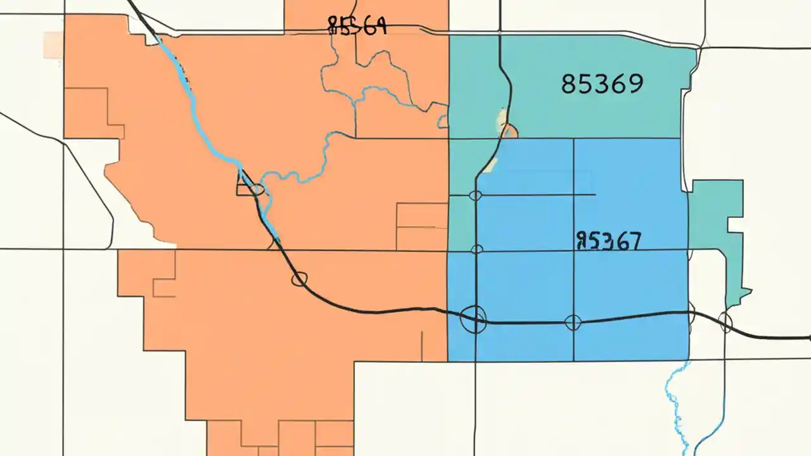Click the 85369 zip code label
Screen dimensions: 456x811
(602, 84)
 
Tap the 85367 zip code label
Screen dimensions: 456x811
(609, 241)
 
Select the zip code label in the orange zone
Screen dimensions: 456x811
(357, 26)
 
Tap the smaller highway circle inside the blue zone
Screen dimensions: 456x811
(573, 322)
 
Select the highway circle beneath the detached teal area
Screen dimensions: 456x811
(725, 322)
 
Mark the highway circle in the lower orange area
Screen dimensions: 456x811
(300, 279)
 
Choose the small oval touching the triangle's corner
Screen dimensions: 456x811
(257, 189)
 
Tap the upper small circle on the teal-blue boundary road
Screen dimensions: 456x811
(475, 196)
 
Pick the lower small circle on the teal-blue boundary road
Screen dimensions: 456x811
(477, 250)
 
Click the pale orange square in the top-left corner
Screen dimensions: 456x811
(53, 45)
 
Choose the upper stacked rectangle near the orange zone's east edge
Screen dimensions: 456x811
(422, 215)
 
